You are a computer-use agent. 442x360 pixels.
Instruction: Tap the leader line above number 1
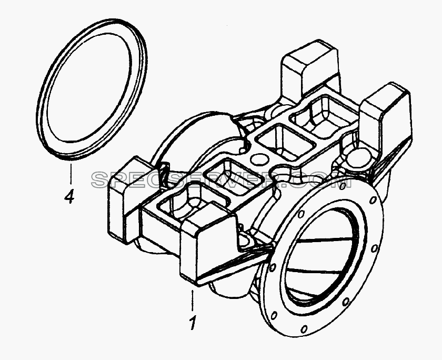[x=193, y=300]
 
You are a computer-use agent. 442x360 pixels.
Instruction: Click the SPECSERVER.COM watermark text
[x=222, y=180]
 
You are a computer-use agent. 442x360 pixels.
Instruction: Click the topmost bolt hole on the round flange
[x=342, y=186]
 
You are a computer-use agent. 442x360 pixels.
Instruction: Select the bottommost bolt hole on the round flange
[x=304, y=329]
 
